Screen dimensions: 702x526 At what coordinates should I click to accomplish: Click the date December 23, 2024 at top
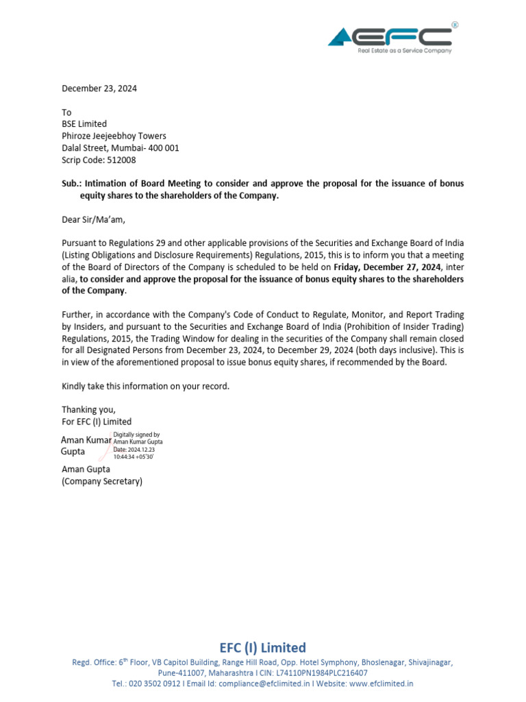(x=99, y=88)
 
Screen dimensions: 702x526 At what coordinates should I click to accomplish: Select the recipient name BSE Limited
(x=84, y=124)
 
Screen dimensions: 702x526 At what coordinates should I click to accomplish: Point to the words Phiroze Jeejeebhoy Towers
(x=114, y=136)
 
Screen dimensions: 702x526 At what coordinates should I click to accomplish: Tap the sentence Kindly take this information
(x=145, y=386)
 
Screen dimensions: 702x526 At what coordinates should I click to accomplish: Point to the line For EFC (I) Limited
(x=97, y=422)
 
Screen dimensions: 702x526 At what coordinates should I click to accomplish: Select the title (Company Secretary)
(x=102, y=481)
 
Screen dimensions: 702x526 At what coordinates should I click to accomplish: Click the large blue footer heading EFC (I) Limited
(x=262, y=648)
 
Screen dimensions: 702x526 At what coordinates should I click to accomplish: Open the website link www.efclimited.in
(x=381, y=683)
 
